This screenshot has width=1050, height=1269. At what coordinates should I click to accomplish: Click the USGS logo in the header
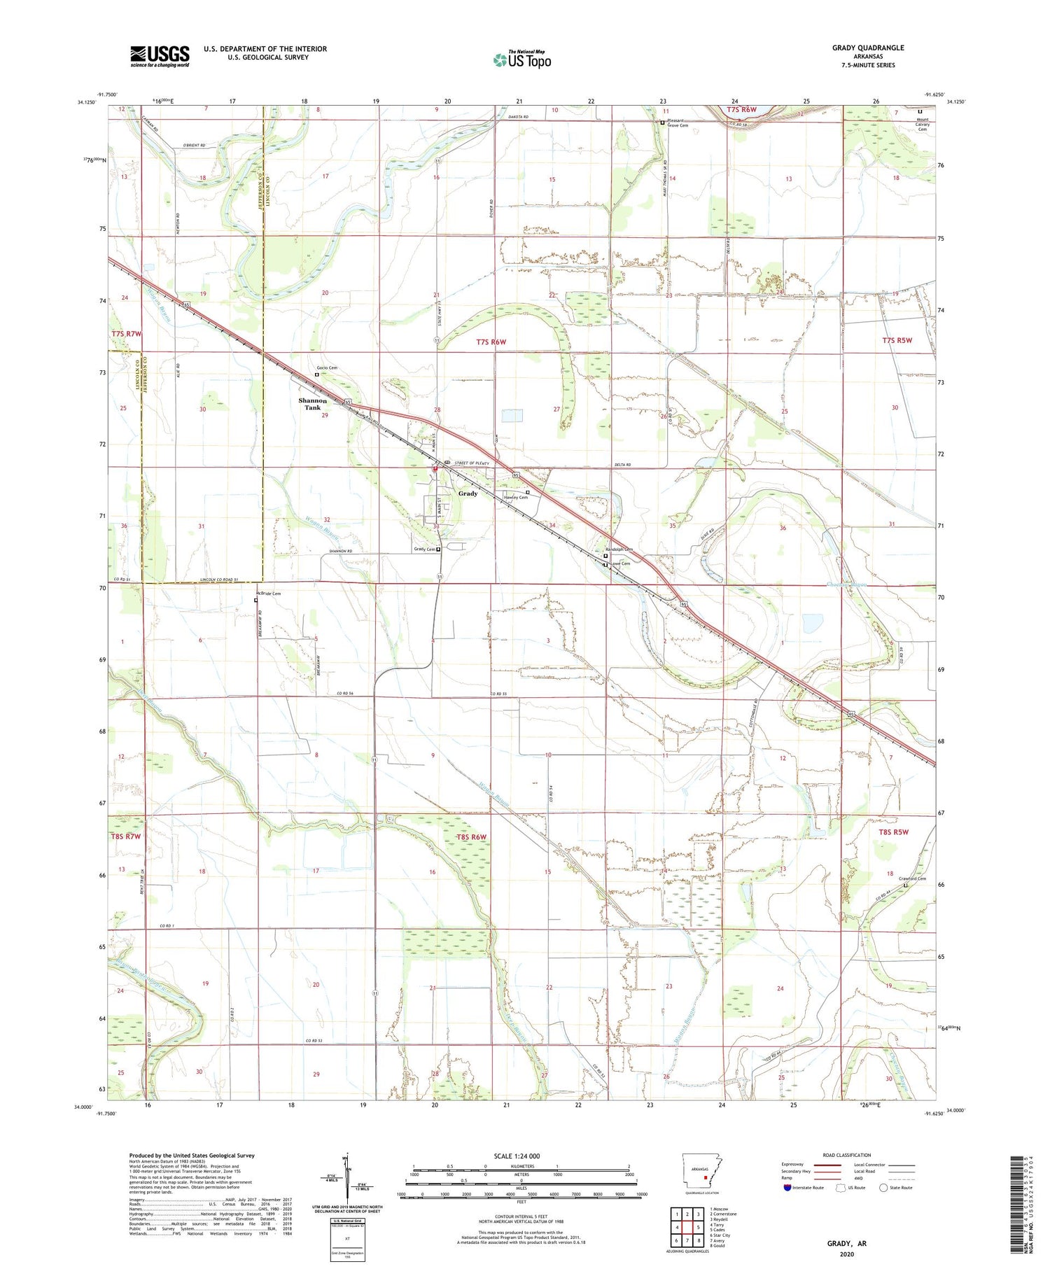click(160, 56)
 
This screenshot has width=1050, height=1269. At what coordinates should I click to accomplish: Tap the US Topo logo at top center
click(522, 59)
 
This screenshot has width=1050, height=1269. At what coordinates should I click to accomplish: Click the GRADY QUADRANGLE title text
click(867, 48)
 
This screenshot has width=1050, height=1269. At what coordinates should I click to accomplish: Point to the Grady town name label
click(468, 493)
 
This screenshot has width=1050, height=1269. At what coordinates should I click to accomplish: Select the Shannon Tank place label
click(312, 404)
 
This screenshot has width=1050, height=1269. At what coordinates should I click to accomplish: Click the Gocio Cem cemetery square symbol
click(316, 374)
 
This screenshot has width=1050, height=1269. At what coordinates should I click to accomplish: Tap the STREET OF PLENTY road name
click(474, 463)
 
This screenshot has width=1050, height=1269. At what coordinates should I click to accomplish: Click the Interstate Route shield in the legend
click(787, 1188)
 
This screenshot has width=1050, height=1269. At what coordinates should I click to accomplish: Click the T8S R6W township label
click(470, 837)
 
